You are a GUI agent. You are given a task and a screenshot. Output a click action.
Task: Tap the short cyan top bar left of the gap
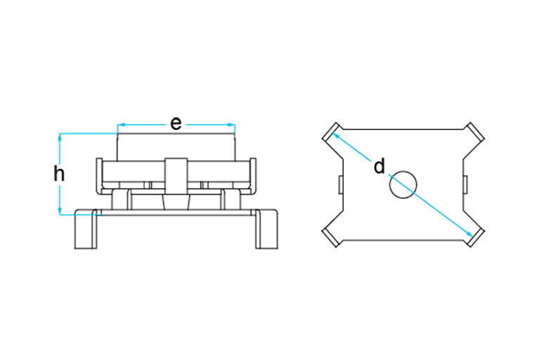click(x=143, y=127)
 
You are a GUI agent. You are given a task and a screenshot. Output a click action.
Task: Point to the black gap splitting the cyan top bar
click(x=177, y=127)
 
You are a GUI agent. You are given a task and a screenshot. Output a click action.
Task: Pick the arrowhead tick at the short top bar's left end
click(x=121, y=127)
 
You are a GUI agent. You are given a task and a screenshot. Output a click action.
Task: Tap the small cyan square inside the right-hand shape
click(x=404, y=186)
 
